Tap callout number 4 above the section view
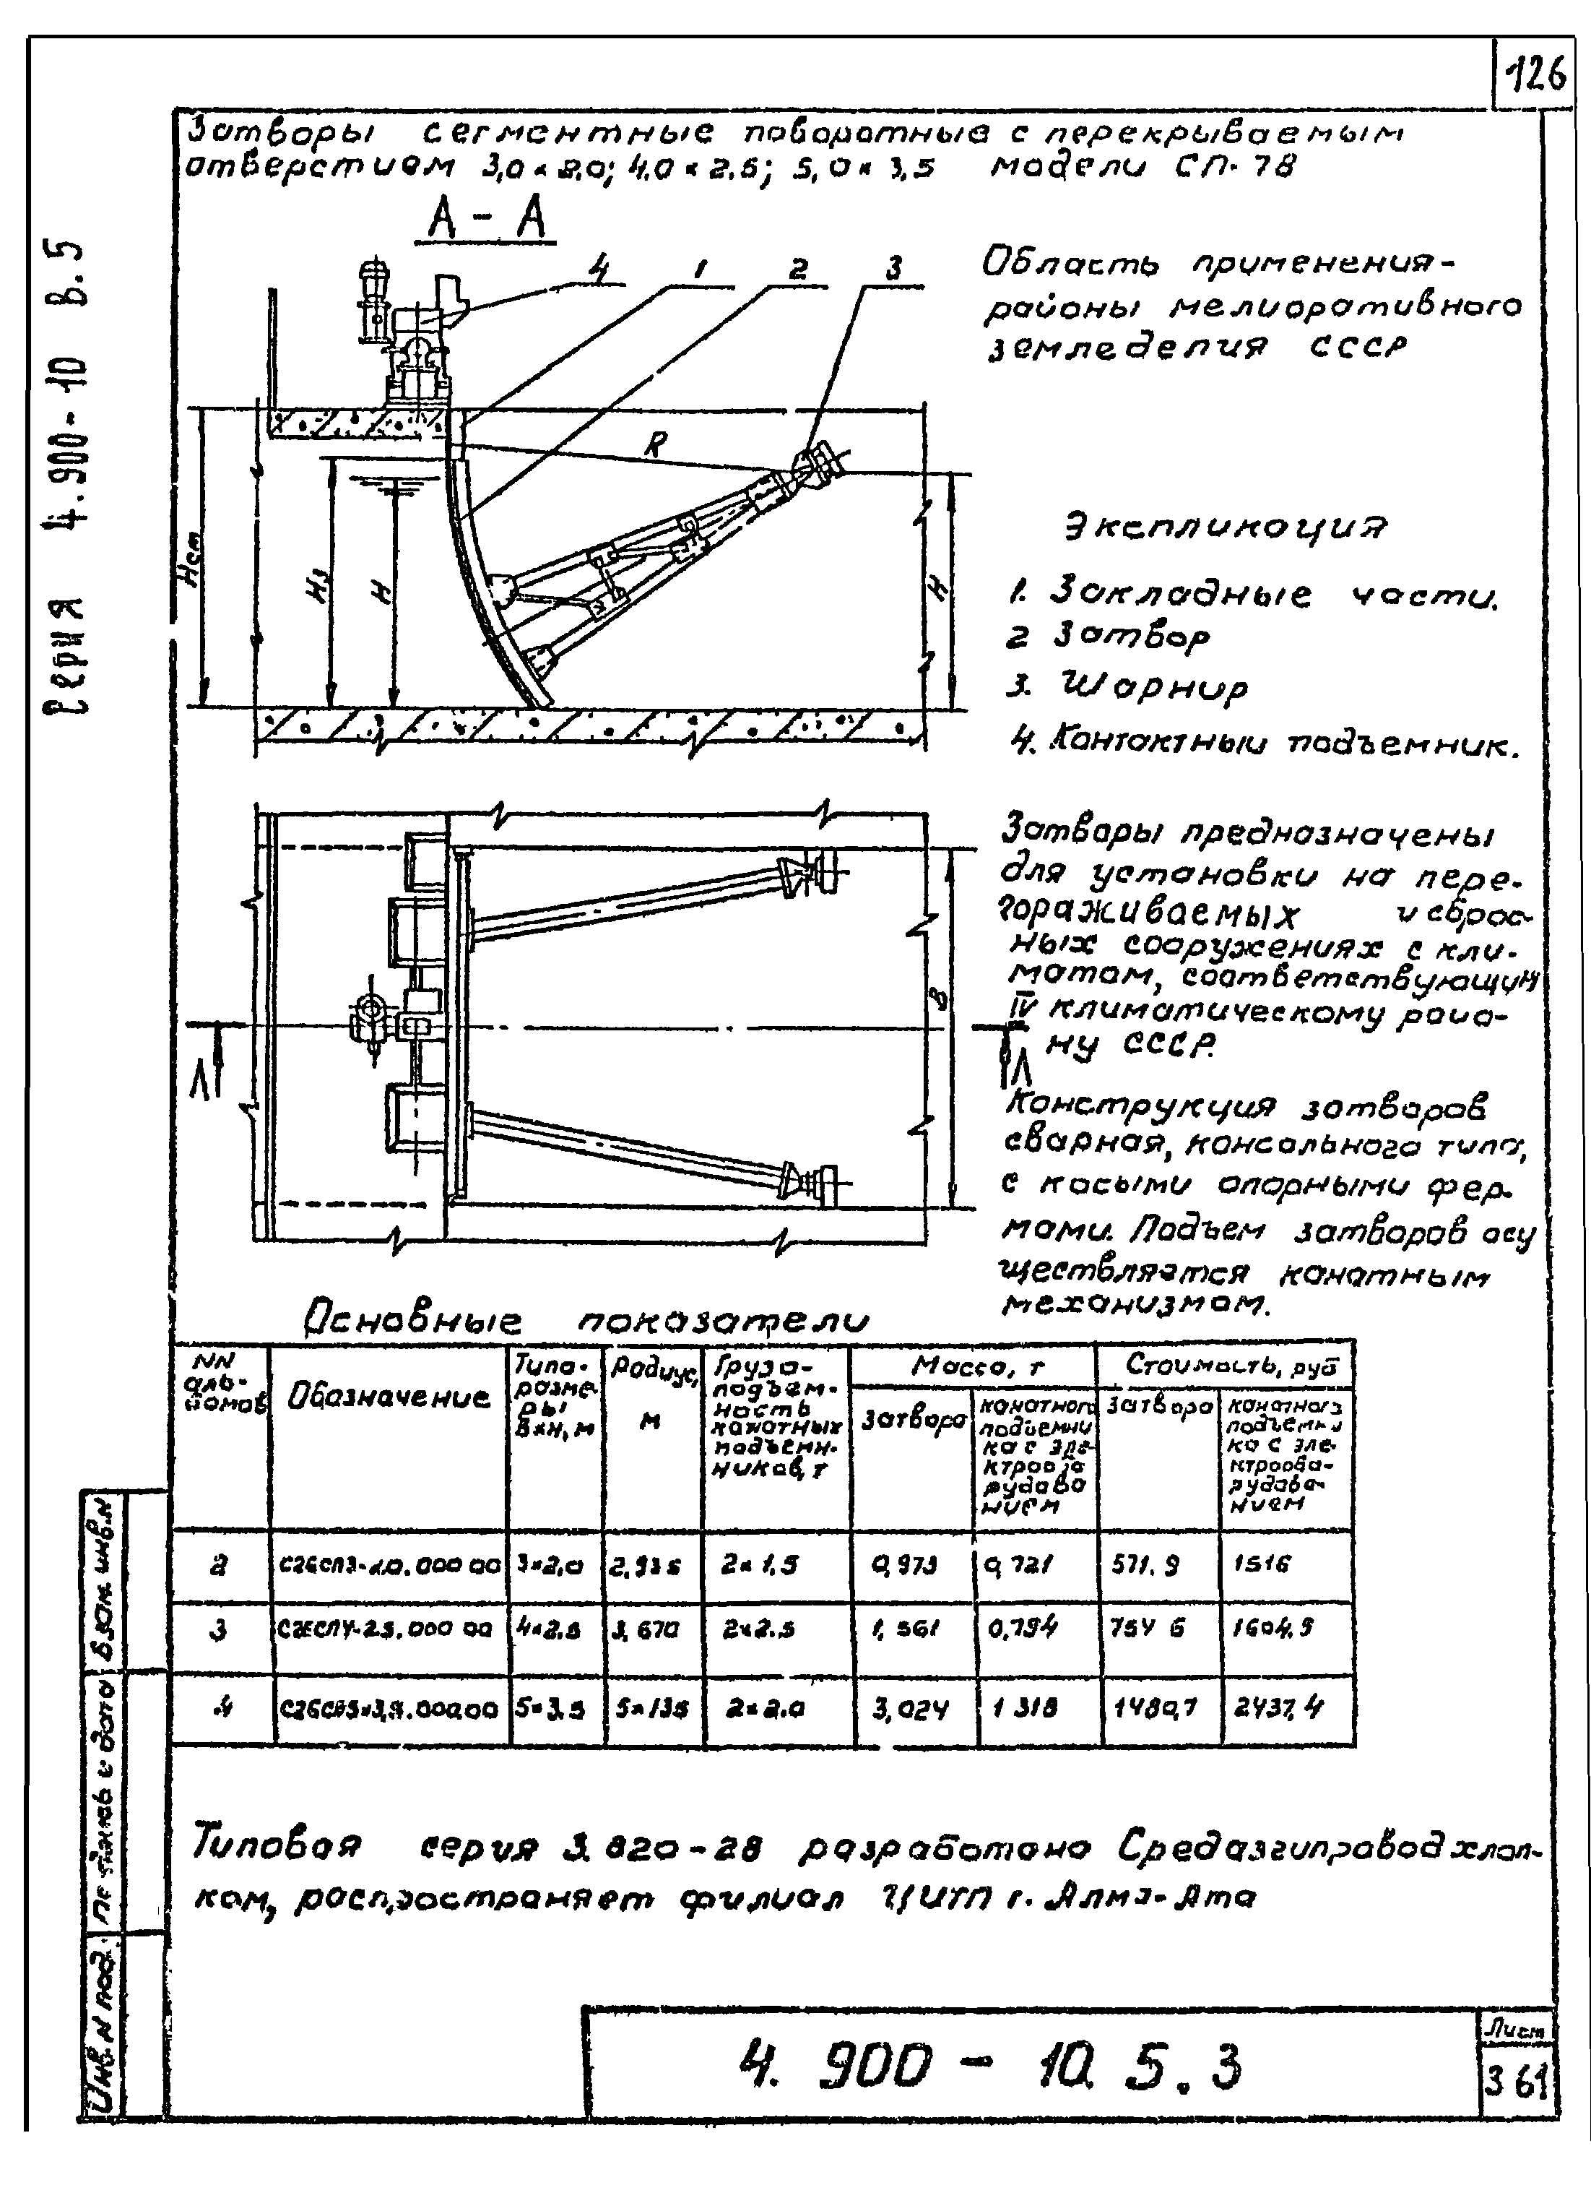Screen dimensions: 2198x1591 point(601,270)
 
